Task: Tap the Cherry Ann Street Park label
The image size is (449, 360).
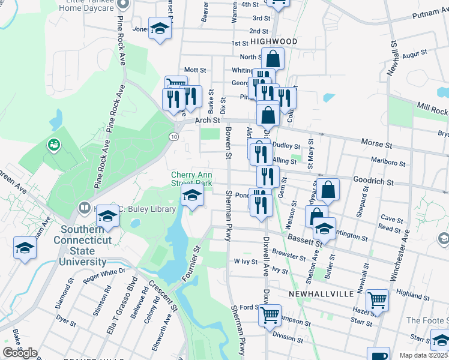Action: click(192, 178)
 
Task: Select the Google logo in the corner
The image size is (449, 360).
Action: click(20, 353)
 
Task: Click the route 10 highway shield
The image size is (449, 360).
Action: click(173, 137)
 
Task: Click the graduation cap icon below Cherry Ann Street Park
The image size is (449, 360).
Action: click(192, 194)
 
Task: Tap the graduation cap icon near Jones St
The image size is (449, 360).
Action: click(160, 28)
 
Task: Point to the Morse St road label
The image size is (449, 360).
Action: click(376, 144)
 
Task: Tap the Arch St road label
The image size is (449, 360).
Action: click(208, 121)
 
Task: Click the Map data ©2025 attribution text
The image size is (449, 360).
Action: click(424, 355)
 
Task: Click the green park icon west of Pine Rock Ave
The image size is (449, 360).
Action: click(54, 145)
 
